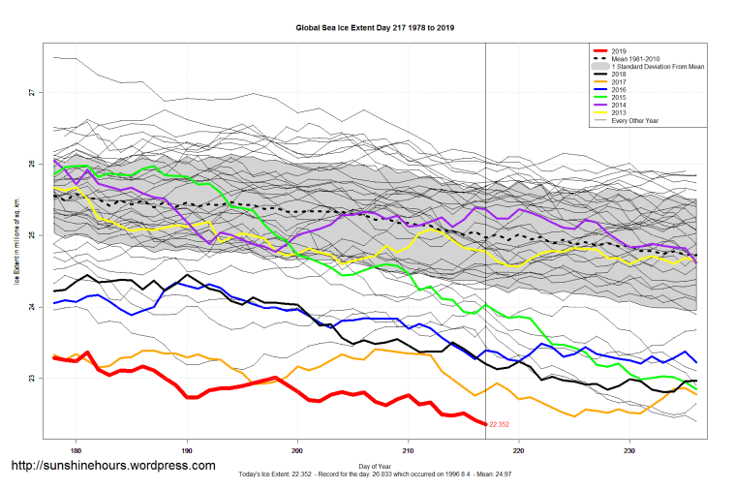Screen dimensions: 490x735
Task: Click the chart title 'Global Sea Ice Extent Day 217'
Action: click(x=375, y=28)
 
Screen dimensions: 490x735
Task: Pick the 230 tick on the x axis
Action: click(x=629, y=450)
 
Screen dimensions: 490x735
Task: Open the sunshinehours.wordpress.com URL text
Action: click(x=112, y=466)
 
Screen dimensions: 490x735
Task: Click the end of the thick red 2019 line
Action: click(x=484, y=423)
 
